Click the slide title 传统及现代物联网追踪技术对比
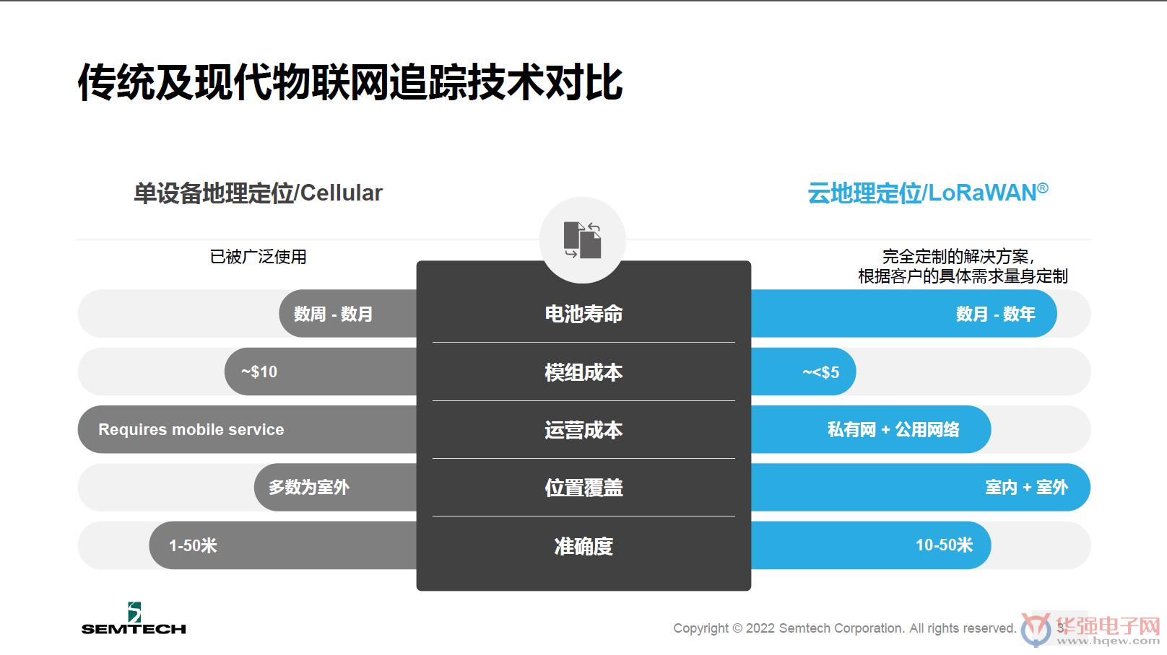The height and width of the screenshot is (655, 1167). pos(350,82)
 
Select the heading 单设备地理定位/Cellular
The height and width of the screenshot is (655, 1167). pos(258,193)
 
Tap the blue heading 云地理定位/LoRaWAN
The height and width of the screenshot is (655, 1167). pos(928,193)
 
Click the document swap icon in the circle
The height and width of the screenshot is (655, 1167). pos(583,239)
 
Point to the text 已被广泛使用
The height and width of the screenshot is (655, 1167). pos(258,257)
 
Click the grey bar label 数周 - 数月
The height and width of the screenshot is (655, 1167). pos(333,314)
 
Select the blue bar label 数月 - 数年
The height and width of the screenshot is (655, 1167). pos(996,314)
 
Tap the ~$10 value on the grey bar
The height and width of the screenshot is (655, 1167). pos(259,372)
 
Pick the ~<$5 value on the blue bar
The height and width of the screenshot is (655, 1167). pos(821,372)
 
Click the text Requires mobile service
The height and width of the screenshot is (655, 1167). pos(191,430)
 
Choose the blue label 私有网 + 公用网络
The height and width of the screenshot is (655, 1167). pos(893,430)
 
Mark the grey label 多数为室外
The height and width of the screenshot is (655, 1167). pos(309,488)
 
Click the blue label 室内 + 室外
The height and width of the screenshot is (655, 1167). pos(1027,488)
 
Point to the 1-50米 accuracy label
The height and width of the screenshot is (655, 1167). pos(193,545)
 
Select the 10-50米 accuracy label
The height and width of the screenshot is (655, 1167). pos(944,545)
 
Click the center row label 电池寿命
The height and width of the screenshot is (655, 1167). pos(583,314)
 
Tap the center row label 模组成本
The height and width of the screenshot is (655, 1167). pos(583,372)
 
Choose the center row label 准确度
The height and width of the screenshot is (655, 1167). pos(583,546)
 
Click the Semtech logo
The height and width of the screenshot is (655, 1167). pos(134,619)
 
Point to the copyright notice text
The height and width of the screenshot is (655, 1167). pos(844,628)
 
